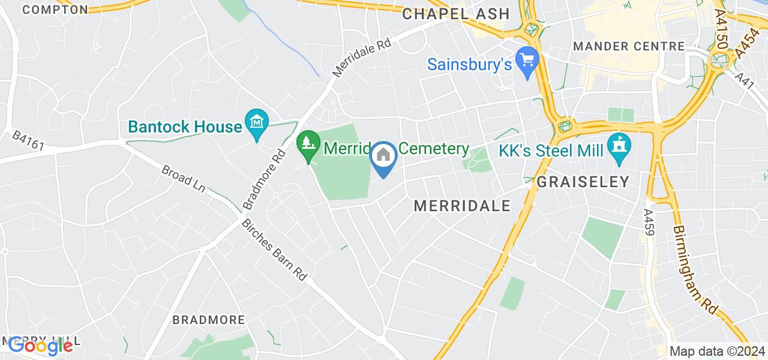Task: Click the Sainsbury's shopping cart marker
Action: click(x=527, y=61)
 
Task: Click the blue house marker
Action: click(x=383, y=157)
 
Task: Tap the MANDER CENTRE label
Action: click(x=629, y=46)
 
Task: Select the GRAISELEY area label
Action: click(x=583, y=181)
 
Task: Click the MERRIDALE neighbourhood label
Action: click(x=463, y=206)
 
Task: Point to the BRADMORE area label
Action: click(x=209, y=320)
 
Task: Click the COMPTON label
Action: click(x=55, y=9)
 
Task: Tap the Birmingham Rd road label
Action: click(x=694, y=270)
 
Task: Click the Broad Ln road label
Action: click(x=183, y=179)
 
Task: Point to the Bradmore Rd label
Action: click(x=263, y=180)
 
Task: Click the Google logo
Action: click(x=40, y=345)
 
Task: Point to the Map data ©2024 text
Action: click(x=718, y=351)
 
